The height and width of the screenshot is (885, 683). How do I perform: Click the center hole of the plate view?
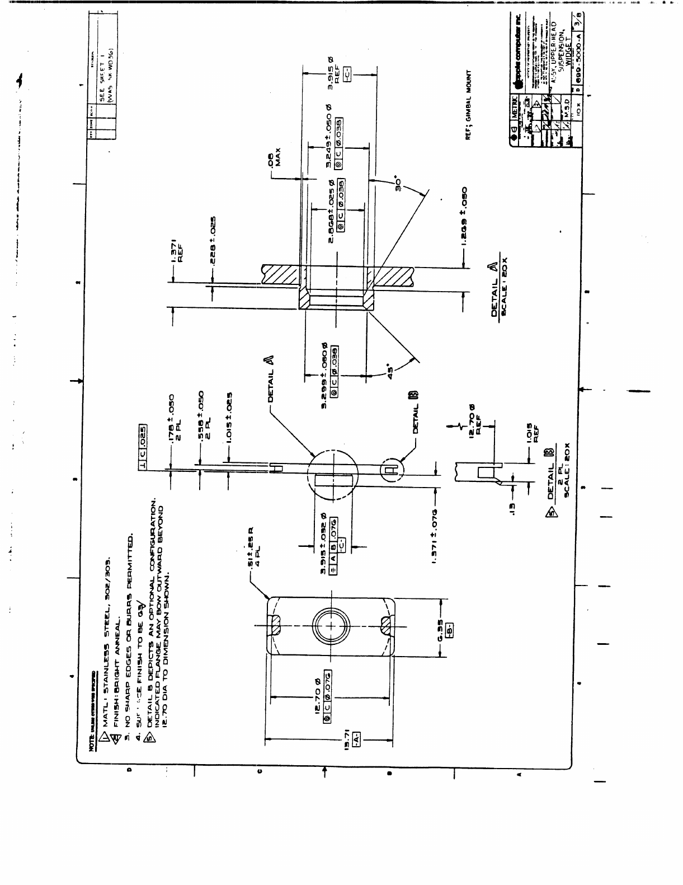pos(331,625)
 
